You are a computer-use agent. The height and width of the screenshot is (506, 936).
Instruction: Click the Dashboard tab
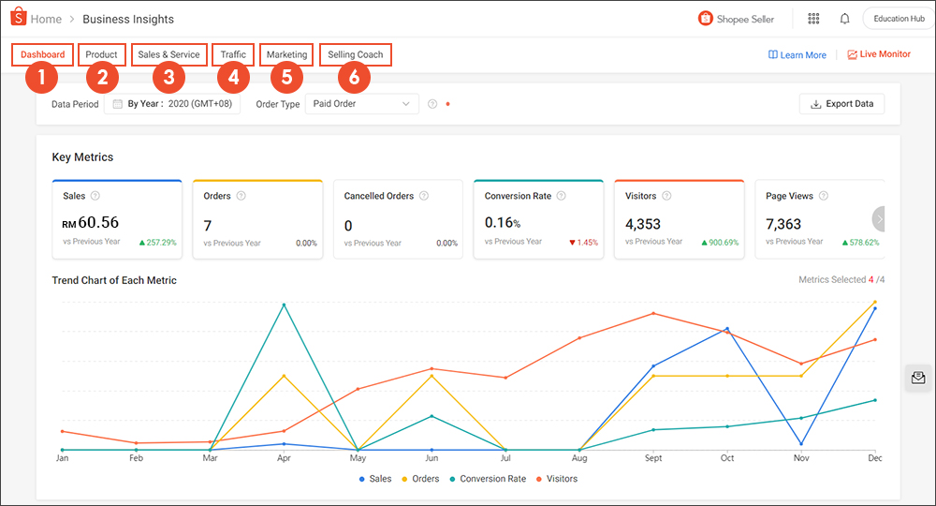43,54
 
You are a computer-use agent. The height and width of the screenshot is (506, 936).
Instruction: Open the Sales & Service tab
168,54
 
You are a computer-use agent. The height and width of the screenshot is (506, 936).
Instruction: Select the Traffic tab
233,54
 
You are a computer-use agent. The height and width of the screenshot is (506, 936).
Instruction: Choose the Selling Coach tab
355,54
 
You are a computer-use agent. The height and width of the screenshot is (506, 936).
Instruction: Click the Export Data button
841,103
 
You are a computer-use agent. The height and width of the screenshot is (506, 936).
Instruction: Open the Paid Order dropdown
361,104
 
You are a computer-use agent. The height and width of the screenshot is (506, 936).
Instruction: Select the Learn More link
797,54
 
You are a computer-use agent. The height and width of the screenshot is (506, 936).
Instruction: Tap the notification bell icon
845,19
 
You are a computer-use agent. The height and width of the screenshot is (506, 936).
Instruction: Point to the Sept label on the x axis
652,458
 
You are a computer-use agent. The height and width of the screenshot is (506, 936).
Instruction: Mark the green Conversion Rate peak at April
284,305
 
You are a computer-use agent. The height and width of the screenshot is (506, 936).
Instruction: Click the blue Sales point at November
801,443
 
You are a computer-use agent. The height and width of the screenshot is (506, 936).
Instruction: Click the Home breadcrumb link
47,19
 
